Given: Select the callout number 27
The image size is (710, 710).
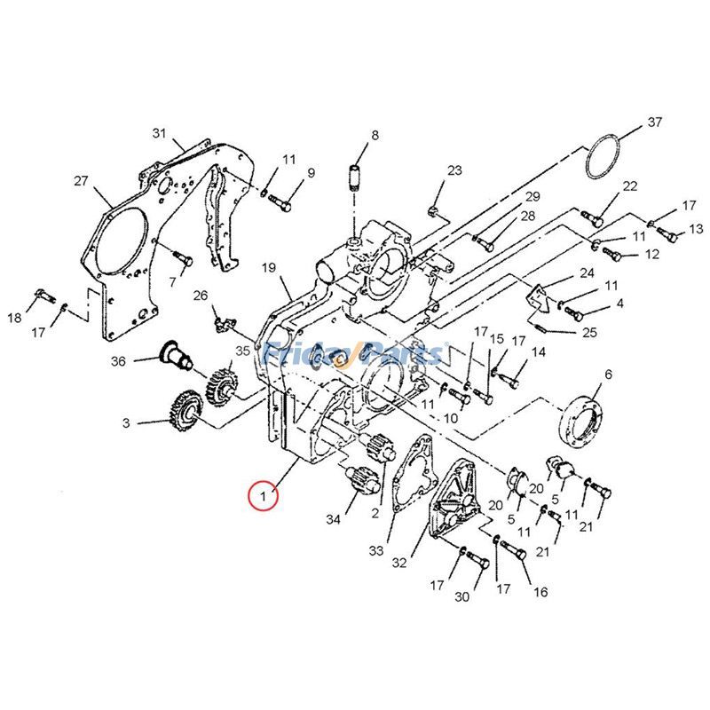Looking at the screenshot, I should coord(81,181).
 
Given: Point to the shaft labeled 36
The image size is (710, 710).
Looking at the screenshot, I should coord(178,357).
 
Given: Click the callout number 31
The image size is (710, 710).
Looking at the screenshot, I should coord(159,133).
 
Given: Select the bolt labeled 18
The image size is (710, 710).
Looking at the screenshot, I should coord(42,296).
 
